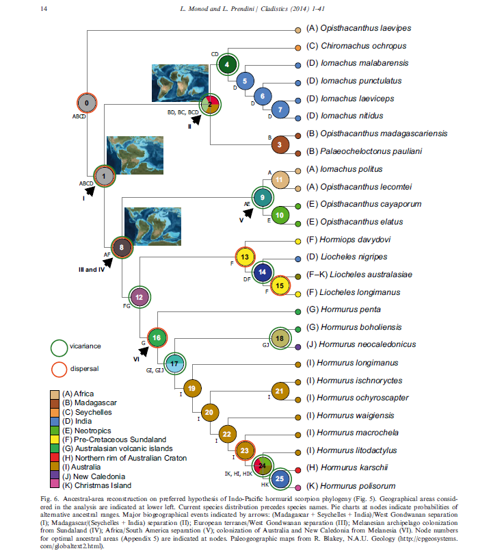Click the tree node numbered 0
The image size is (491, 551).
[87, 103]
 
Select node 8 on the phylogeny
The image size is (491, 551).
[122, 247]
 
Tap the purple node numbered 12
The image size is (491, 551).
[140, 297]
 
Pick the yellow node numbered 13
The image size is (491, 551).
[245, 257]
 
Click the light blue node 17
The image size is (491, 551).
[174, 363]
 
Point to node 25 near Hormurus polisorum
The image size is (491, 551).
[280, 478]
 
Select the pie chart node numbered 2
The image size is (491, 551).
[210, 104]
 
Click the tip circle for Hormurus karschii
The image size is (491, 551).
[298, 470]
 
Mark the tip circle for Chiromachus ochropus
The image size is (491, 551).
[298, 47]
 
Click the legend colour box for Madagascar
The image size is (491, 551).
[55, 403]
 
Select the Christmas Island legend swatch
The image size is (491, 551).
[55, 485]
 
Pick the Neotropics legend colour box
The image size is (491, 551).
[55, 431]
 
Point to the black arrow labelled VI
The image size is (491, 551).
[144, 351]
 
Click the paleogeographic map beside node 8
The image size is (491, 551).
[152, 227]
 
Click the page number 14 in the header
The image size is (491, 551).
[44, 9]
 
